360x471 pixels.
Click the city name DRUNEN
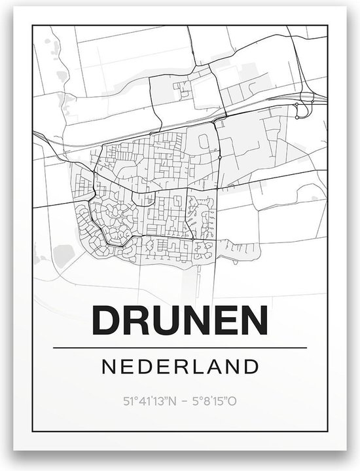179,320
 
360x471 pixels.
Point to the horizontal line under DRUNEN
180,347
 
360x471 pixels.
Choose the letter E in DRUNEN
224,320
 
